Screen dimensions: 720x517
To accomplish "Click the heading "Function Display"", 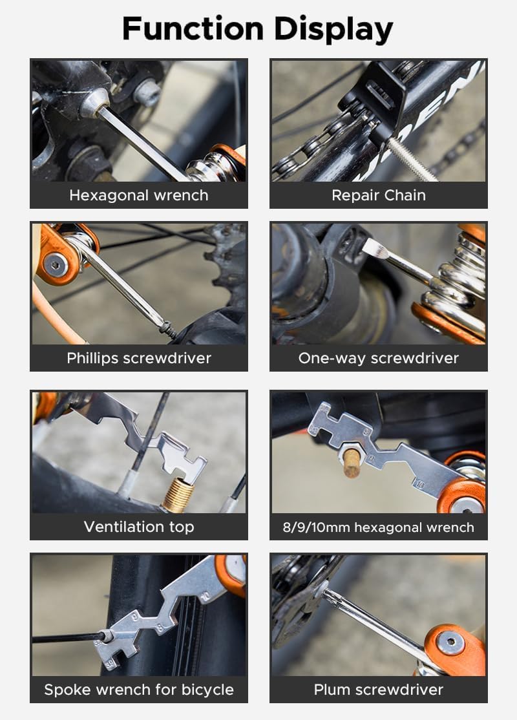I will pos(258,29).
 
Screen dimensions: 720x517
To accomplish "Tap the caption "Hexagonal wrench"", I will pos(138,195).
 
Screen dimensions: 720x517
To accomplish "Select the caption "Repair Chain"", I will pos(378,195).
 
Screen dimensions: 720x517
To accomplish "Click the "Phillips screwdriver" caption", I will pos(138,358).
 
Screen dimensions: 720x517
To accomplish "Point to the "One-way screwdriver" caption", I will pos(378,358).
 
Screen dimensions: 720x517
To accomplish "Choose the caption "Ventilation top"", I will pos(138,527).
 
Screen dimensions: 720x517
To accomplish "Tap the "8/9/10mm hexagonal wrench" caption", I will pos(378,527).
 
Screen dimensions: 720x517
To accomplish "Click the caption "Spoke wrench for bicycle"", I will pos(138,690).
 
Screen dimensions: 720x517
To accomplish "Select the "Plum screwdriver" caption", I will pos(378,690).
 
